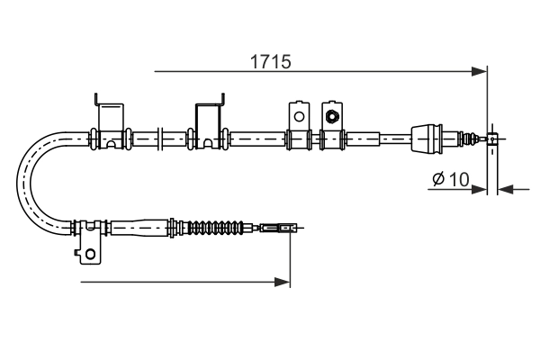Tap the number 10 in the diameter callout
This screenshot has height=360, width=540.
456,179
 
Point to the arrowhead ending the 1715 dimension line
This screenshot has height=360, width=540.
480,70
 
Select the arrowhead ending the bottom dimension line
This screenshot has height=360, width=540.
284,283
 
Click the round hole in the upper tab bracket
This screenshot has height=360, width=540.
298,115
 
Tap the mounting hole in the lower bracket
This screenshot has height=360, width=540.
90,255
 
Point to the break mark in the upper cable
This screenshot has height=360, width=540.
160,139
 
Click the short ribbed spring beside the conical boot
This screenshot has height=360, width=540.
466,139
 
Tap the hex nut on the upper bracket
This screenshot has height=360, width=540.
332,115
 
